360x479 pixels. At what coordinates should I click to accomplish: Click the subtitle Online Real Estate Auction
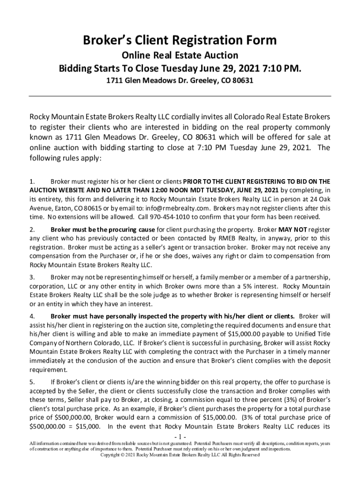pos(180,56)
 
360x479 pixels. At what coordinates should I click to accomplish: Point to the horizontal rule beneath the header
pos(180,96)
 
